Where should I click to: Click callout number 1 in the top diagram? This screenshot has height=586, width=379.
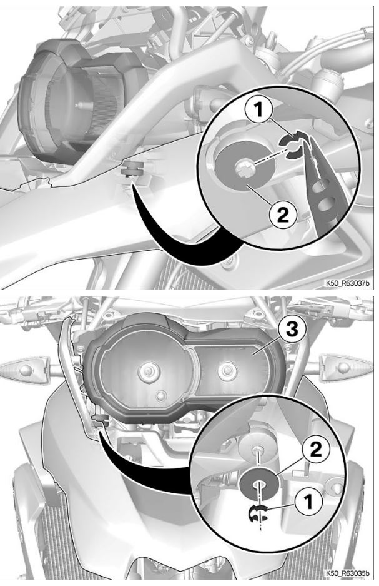258,110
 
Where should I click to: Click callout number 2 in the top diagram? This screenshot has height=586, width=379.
283,215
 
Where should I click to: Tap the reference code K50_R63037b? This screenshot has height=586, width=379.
347,283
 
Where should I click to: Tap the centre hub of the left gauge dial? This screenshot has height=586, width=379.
149,371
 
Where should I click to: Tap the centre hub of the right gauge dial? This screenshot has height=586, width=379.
225,371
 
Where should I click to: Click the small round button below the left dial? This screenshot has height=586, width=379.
161,395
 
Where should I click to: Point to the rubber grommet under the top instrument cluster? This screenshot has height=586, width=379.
133,169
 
